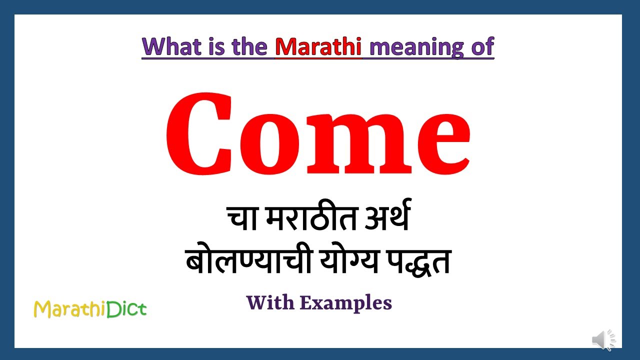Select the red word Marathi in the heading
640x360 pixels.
click(x=318, y=46)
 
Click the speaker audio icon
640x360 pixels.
click(x=603, y=340)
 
